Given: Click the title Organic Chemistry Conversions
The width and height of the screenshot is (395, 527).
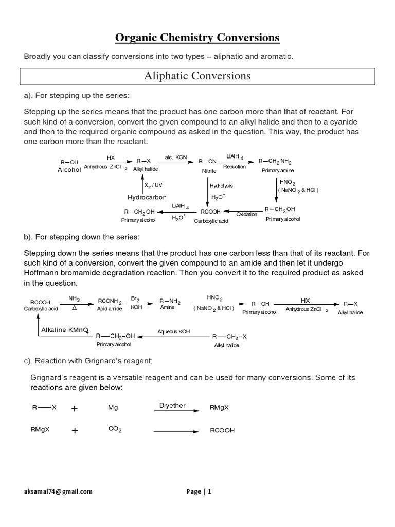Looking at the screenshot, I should [197, 38].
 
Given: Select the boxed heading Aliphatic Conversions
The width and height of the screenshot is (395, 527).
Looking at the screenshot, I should [197, 76].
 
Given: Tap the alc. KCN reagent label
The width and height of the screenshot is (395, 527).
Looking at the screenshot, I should [175, 157].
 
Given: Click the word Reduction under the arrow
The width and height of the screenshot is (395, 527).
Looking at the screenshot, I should [235, 167].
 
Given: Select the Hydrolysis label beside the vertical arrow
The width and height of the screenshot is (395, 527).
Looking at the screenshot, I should [222, 185].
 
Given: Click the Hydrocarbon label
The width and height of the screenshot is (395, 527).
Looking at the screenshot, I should [147, 197].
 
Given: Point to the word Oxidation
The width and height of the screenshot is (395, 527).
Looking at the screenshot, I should [246, 214].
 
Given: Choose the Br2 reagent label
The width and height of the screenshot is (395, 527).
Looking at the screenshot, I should [135, 298].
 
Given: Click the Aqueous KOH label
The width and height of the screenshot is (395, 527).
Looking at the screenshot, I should [174, 332].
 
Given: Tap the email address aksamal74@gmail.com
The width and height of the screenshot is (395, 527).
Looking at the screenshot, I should [58, 491].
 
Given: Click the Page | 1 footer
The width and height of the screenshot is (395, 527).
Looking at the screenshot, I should [199, 491].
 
